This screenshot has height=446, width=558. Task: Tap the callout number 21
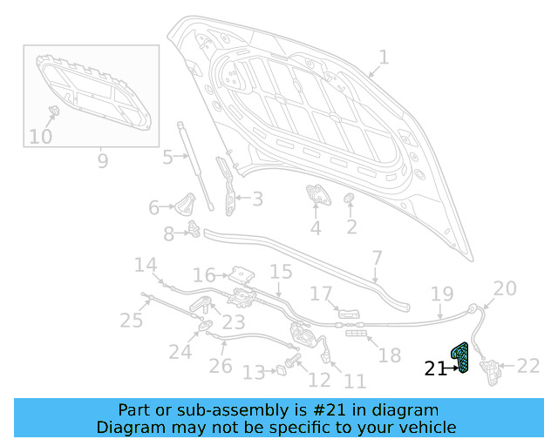pos(434,368)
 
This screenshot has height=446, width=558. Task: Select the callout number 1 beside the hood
pos(384,58)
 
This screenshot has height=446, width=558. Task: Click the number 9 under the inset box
pos(102,160)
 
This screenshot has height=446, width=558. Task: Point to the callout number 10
pos(40,136)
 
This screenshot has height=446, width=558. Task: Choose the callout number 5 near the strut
pos(167,158)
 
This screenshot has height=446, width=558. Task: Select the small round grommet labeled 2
pos(350,201)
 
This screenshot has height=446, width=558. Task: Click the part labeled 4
pos(316,195)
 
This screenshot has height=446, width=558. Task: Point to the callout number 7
pos(377,259)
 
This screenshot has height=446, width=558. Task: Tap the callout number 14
pos(145,265)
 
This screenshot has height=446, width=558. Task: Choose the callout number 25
pos(131,321)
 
